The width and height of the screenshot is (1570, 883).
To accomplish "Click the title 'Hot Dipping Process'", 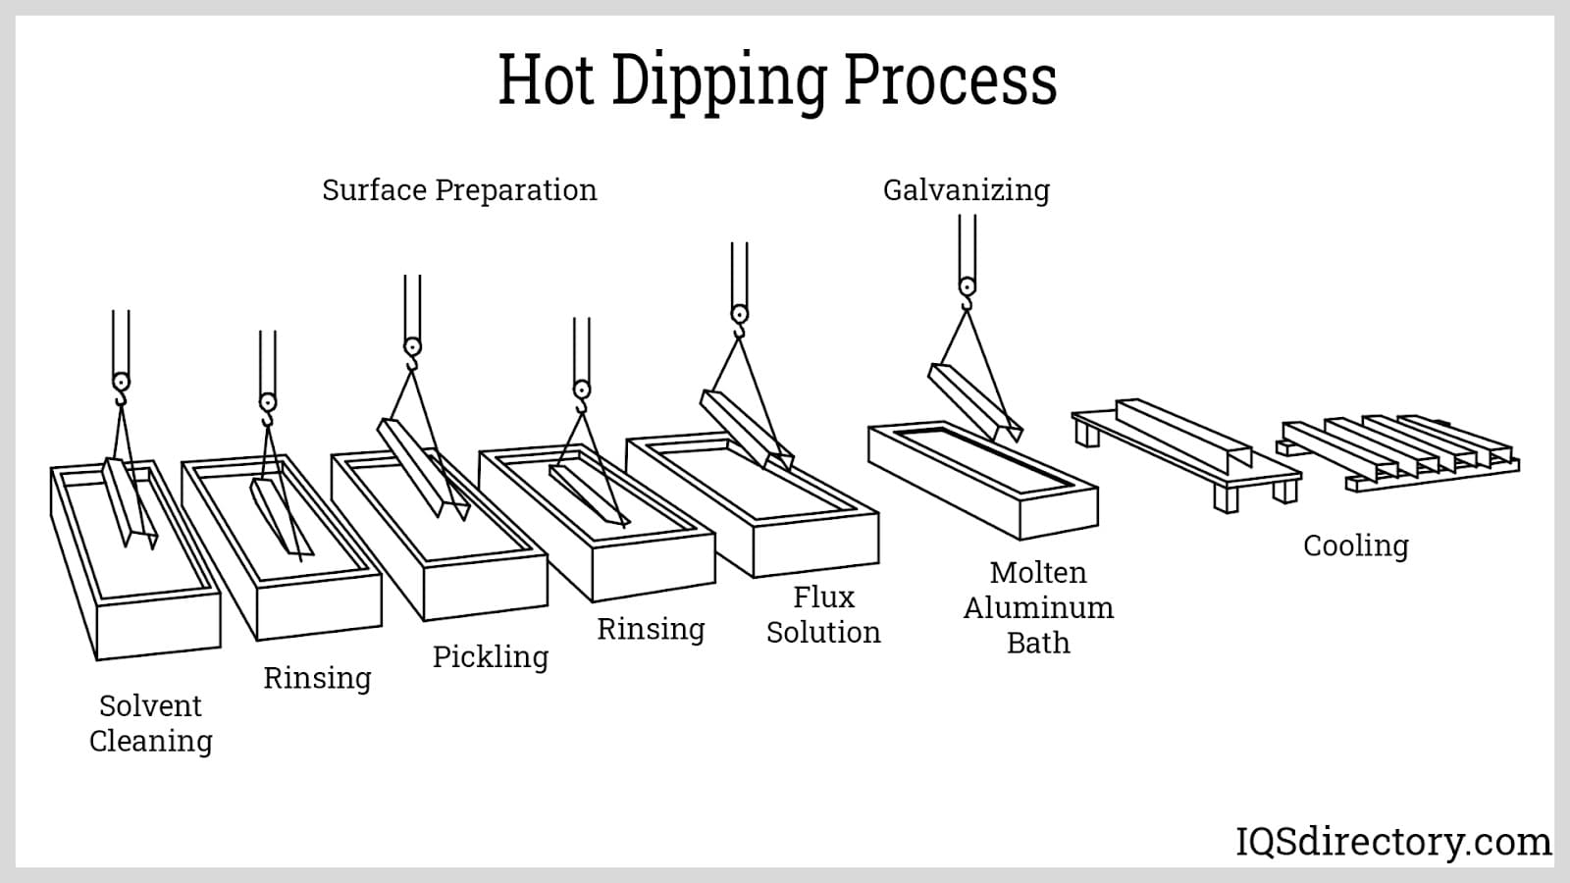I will [x=777, y=80].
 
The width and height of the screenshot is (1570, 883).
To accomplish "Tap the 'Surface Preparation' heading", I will [x=459, y=189].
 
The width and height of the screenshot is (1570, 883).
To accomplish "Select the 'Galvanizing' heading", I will [x=966, y=189].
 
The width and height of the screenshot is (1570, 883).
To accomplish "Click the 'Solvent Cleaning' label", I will [x=150, y=723].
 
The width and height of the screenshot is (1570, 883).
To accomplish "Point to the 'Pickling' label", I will [x=491, y=656].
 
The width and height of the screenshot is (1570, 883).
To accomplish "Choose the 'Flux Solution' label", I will [x=823, y=614].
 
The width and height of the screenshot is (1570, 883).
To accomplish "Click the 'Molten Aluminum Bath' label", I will [x=1038, y=607].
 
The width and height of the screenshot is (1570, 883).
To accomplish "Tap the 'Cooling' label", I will [x=1355, y=545].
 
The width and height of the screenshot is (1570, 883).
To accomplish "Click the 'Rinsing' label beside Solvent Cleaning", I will [x=317, y=678].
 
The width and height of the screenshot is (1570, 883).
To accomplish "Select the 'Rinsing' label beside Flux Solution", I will [x=651, y=629].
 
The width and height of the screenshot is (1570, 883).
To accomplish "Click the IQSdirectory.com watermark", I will [x=1392, y=842].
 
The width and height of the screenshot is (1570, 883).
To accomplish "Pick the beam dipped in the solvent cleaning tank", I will [x=128, y=500].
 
